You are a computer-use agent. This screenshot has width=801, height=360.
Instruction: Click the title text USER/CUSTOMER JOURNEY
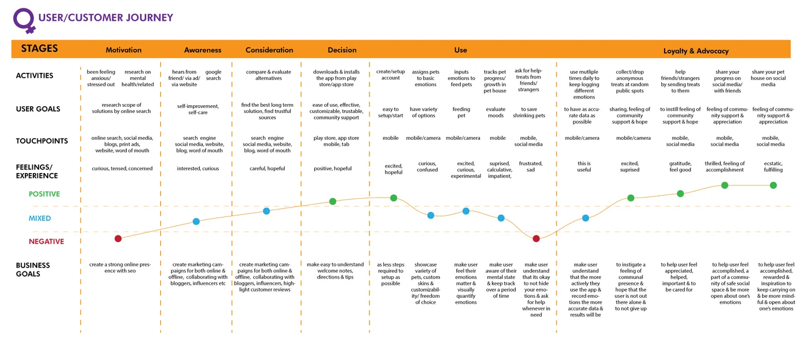pos(106,18)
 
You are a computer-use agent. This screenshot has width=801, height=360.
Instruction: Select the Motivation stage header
pos(123,50)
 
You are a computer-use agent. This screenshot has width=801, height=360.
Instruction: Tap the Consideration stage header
pos(269,50)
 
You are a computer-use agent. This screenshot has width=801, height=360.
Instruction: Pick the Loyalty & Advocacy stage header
pos(696,51)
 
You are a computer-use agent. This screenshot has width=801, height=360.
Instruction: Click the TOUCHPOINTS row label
pos(42,141)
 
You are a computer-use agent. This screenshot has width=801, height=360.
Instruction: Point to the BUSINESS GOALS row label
pos(33,269)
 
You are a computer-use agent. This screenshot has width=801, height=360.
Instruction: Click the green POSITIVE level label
pos(44,194)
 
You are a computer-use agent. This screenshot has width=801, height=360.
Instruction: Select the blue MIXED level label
pos(39,218)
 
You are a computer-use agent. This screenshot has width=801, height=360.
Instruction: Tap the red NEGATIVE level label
pos(47,241)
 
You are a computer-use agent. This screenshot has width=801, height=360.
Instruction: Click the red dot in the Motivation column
pos(118,239)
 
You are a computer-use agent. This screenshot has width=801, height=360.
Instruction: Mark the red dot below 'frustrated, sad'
pos(536,239)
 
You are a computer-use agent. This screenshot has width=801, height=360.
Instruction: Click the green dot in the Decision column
pos(333,201)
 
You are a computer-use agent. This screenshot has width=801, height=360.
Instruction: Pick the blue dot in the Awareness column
pos(196,221)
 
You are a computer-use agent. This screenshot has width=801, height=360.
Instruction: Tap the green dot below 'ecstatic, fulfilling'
pos(773,185)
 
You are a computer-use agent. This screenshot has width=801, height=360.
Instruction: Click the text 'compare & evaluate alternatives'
pos(269,75)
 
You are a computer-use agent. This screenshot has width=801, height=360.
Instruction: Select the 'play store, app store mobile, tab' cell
pos(336,141)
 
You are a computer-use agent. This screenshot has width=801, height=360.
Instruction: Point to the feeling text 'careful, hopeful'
pos(267,169)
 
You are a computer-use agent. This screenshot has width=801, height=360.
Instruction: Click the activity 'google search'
pos(214,75)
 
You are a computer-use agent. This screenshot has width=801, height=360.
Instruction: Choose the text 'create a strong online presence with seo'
pos(120,268)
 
